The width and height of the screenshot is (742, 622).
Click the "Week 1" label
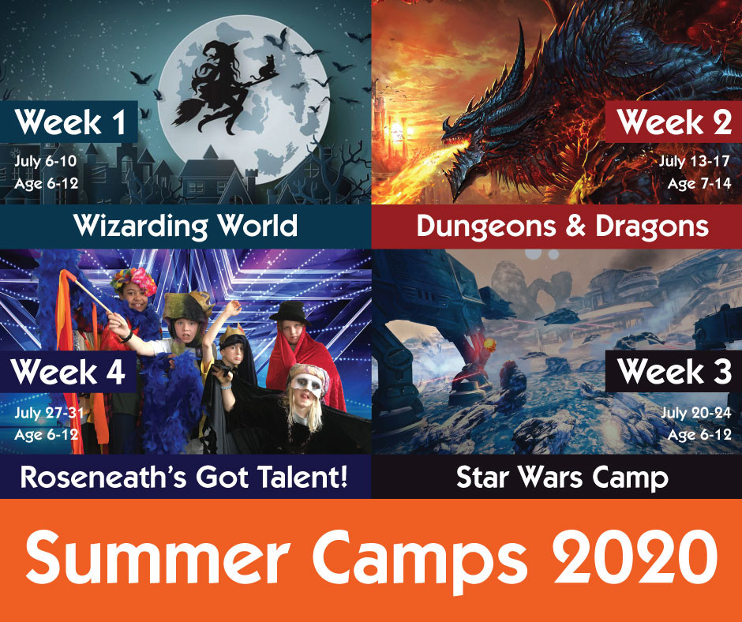click(x=69, y=122)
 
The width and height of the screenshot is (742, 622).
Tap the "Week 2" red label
click(x=673, y=122)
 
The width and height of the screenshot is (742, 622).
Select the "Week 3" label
click(x=673, y=372)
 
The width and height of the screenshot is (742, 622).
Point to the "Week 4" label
click(x=68, y=372)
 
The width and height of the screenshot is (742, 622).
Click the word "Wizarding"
click(x=141, y=227)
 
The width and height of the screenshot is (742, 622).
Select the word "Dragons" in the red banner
click(x=651, y=227)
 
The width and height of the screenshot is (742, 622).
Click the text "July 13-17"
click(x=694, y=161)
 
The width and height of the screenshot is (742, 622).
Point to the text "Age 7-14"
click(x=699, y=184)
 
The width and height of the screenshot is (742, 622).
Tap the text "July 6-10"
click(x=46, y=161)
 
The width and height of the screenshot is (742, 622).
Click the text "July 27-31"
click(x=49, y=413)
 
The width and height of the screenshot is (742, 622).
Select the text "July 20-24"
click(x=696, y=413)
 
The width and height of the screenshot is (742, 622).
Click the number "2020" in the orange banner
click(x=635, y=556)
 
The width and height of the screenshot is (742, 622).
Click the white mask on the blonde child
click(x=306, y=384)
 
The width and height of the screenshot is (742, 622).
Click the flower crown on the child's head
click(x=134, y=279)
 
